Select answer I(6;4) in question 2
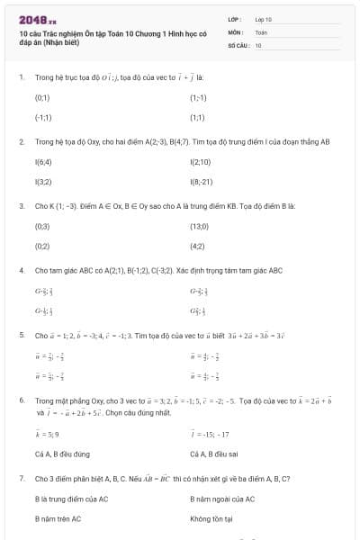42,161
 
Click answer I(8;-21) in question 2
202,181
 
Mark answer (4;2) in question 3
197,246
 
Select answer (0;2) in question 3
42,246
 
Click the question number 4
21,270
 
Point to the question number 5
21,335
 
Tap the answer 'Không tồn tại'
211,518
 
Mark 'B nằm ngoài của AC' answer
222,499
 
